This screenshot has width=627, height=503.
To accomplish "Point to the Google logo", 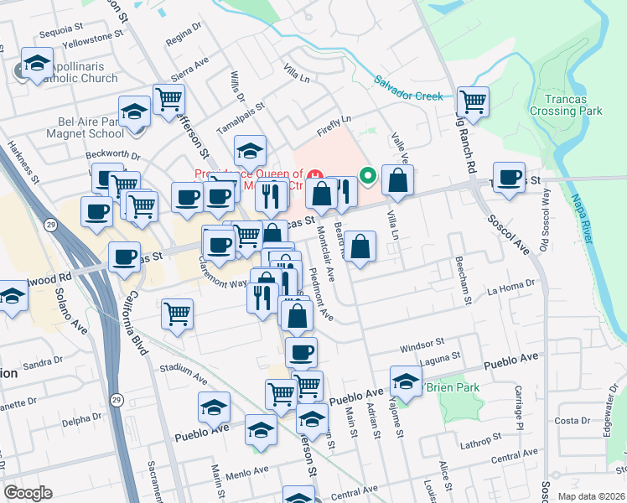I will click(28, 492).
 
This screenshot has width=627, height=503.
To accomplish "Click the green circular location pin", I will click(367, 175).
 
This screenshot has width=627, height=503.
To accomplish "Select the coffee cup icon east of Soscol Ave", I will click(509, 177).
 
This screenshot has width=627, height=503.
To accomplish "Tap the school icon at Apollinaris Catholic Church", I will click(37, 64).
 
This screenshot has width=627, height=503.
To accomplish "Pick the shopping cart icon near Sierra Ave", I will click(168, 98).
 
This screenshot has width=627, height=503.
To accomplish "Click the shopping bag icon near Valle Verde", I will click(397, 179).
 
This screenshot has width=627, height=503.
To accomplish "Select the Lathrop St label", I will click(485, 438).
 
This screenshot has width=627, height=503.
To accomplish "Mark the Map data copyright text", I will click(590, 495).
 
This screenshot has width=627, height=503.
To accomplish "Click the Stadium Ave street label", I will click(184, 371).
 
